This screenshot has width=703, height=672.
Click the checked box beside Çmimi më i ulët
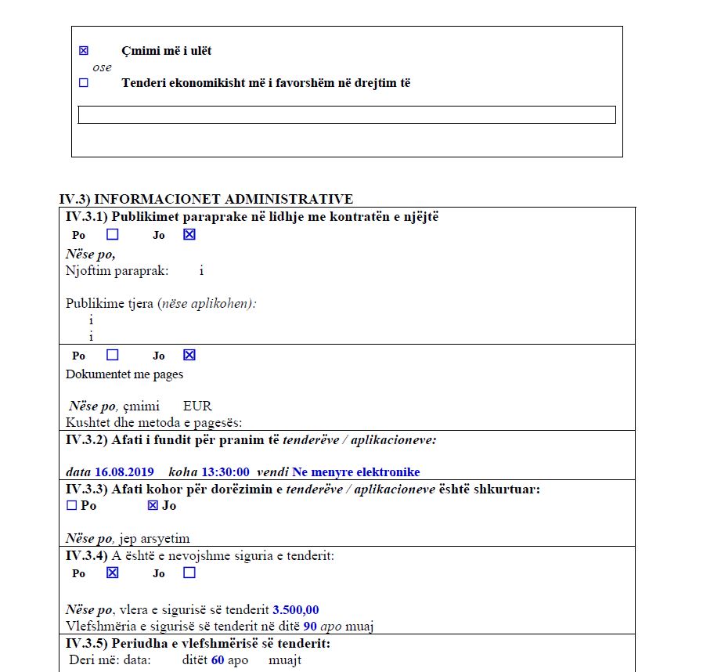pos(84,51)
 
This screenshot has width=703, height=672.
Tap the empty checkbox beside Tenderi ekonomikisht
pos(84,82)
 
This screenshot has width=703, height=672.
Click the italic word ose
pos(102,67)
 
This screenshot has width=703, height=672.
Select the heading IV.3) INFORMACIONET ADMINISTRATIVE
pos(206,199)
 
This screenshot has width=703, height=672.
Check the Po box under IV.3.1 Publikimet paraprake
pos(113,234)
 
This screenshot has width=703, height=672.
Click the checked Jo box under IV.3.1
pos(189,234)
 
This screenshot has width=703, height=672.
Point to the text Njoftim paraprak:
pos(117,271)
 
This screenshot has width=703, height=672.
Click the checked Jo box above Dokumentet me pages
pos(189,355)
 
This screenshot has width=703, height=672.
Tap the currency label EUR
pos(197,406)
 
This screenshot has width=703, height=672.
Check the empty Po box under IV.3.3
pos(72,506)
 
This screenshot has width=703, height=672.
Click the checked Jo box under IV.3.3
pos(153,506)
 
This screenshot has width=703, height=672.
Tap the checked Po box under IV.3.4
pos(113,573)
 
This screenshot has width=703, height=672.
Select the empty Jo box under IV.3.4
pos(189,573)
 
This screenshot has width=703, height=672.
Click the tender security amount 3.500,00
pos(296,610)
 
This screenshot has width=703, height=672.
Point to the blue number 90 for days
pos(310,626)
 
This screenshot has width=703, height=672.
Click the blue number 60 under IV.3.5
pos(218,660)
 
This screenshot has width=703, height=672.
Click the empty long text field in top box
pos(347,115)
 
